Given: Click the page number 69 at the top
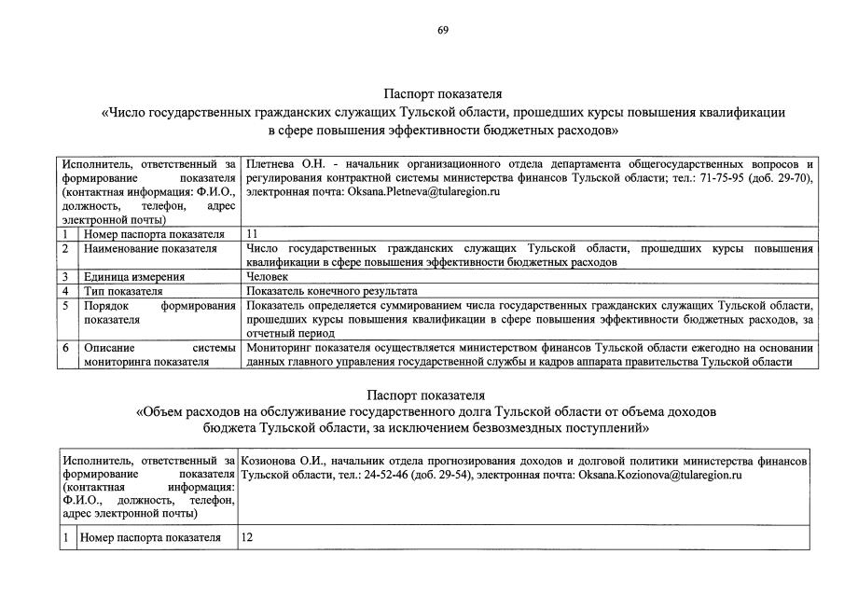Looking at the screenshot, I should (x=443, y=30).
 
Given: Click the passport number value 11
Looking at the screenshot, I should (x=252, y=233).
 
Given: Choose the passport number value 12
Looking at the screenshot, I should (x=247, y=537).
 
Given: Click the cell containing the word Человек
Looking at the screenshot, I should (x=269, y=276).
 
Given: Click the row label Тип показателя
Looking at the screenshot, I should (x=123, y=291).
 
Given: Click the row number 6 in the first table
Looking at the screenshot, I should (x=65, y=348).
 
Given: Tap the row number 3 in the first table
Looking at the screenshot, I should (x=65, y=276).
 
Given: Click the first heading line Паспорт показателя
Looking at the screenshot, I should (x=443, y=94).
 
